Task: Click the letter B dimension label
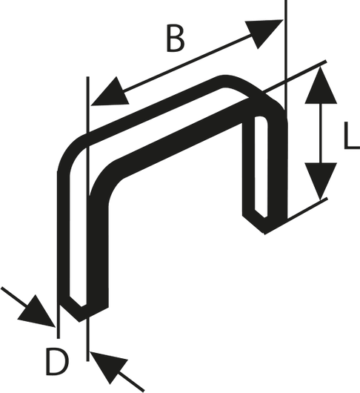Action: (176, 39)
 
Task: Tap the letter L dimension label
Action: (352, 136)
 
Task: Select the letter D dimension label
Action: (57, 362)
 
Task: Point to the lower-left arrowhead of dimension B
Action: (110, 93)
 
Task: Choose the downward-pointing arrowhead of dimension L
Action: (321, 180)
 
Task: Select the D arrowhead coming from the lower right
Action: (109, 366)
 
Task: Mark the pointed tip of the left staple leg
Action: (79, 322)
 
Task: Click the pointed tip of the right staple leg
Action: (264, 234)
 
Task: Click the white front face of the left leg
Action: (78, 225)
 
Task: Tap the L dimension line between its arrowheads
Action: (321, 133)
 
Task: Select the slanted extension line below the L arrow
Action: (307, 209)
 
